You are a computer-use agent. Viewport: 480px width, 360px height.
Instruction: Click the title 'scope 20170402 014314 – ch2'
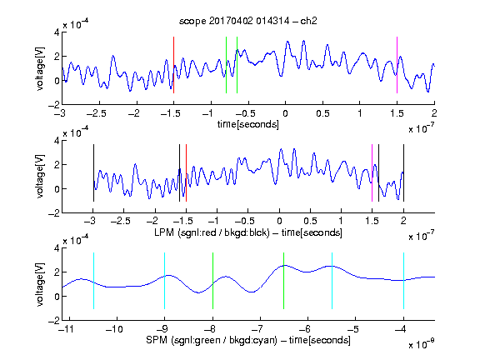(248, 21)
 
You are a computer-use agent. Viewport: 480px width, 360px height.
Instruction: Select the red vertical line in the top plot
(173, 65)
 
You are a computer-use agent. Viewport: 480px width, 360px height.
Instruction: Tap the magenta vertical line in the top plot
(397, 65)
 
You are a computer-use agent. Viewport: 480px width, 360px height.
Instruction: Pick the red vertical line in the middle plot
(186, 173)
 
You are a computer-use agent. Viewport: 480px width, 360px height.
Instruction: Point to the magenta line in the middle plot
(372, 173)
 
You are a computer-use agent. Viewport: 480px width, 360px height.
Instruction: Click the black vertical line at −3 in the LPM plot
(93, 173)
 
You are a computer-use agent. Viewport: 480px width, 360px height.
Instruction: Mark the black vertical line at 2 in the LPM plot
(403, 173)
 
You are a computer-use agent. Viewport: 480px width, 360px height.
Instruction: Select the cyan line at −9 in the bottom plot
(164, 281)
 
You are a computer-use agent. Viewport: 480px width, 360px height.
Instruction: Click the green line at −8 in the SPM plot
(212, 281)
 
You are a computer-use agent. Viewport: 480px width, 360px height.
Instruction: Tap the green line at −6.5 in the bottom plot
(284, 281)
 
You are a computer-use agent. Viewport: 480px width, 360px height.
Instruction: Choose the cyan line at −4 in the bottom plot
(403, 281)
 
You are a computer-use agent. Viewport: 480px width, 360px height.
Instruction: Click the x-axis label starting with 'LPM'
(248, 232)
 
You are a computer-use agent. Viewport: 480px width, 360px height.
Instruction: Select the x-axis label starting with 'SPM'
(248, 340)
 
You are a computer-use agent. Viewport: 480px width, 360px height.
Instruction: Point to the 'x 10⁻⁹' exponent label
(422, 344)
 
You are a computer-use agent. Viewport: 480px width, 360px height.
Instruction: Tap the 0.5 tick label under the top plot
(322, 113)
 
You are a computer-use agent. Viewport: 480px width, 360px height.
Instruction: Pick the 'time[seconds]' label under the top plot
(248, 125)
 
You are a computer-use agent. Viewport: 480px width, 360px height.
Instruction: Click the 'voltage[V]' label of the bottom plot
(40, 284)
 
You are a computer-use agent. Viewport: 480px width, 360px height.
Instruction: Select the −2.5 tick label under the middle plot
(121, 221)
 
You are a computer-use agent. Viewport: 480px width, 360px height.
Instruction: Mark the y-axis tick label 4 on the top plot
(57, 32)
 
